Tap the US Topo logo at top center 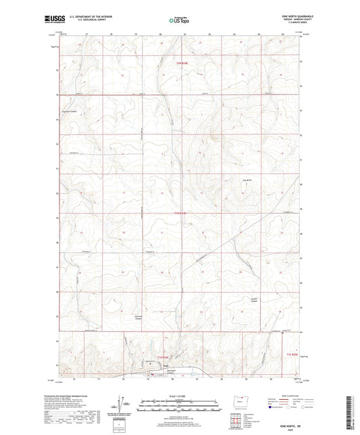(178, 20)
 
